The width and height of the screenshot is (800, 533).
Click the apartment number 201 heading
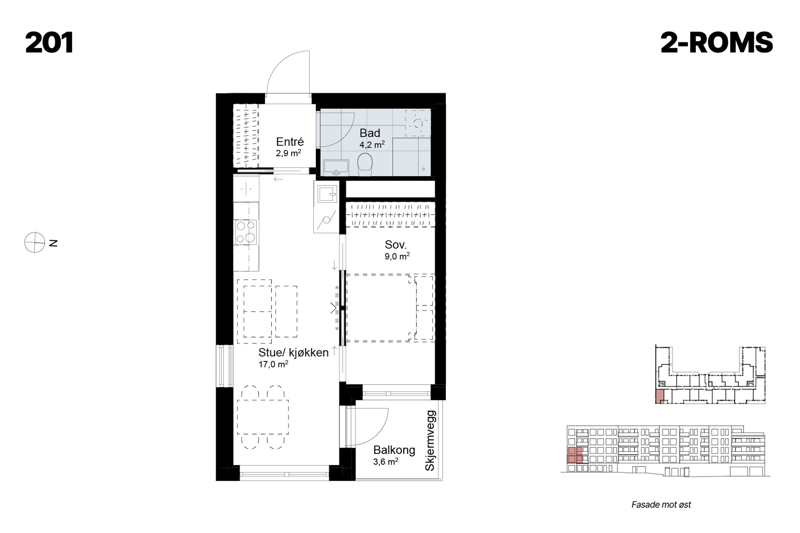50,43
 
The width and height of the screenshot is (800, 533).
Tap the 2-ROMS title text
717,43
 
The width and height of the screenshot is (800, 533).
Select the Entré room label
290,142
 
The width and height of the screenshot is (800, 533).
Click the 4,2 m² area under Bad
372,145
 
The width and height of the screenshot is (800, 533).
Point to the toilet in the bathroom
365,164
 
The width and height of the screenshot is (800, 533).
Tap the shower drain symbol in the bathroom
418,123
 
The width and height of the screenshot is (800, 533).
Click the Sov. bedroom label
396,244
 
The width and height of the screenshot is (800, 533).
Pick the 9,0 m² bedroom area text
397,256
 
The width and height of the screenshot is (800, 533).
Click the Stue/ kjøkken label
293,353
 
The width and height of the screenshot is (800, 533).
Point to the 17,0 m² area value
273,364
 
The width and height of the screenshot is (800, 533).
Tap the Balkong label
394,450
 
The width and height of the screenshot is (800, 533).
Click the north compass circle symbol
35,243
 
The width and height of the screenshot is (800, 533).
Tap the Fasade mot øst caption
661,505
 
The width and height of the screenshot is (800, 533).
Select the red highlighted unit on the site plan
660,397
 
